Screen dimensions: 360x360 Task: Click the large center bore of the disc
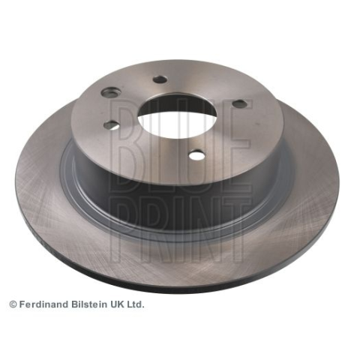pyautogui.click(x=177, y=115)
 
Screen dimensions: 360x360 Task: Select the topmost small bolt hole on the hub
pyautogui.click(x=160, y=79)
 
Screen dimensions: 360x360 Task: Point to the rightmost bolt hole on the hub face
pyautogui.click(x=239, y=103)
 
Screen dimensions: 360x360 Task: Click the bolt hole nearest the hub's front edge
pyautogui.click(x=197, y=155)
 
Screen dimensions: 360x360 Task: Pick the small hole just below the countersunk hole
pyautogui.click(x=112, y=124)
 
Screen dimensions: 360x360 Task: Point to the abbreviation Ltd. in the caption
pyautogui.click(x=136, y=304)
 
